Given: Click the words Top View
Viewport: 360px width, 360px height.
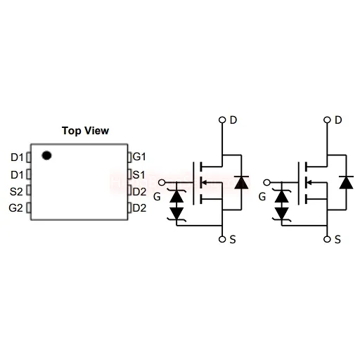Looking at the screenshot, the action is click(85, 131).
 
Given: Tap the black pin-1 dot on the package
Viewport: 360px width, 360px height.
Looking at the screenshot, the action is click(46, 155).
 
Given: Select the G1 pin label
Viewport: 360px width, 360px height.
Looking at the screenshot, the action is click(139, 157).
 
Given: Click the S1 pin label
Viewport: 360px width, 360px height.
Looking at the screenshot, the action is click(139, 175).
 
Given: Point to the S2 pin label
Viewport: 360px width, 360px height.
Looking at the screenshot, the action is click(16, 192).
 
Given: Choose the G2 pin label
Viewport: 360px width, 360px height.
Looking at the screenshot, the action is click(16, 208).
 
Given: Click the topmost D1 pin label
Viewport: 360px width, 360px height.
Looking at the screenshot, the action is click(17, 157).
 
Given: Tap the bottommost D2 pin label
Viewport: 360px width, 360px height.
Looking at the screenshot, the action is click(139, 208).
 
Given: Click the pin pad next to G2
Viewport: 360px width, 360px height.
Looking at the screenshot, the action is click(29, 207).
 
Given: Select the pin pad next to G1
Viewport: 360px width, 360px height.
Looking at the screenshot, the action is click(129, 157).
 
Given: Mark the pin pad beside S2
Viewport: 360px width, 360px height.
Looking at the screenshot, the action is click(29, 190).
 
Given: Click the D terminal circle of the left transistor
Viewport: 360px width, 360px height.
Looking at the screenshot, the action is click(222, 120).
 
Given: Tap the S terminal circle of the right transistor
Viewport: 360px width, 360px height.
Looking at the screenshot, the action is click(327, 239).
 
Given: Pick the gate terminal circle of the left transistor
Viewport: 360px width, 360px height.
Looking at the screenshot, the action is click(162, 182).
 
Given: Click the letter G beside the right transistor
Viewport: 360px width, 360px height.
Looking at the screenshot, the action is click(262, 197).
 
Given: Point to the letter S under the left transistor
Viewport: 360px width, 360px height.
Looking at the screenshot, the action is click(233, 240).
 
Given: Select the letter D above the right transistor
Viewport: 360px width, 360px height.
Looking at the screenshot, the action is click(338, 120).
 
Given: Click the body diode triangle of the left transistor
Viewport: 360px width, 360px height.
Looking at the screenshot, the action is click(241, 183).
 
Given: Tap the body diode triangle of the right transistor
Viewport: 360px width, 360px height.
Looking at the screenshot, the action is click(347, 183).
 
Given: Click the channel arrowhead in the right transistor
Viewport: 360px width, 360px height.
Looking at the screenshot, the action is click(309, 182).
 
